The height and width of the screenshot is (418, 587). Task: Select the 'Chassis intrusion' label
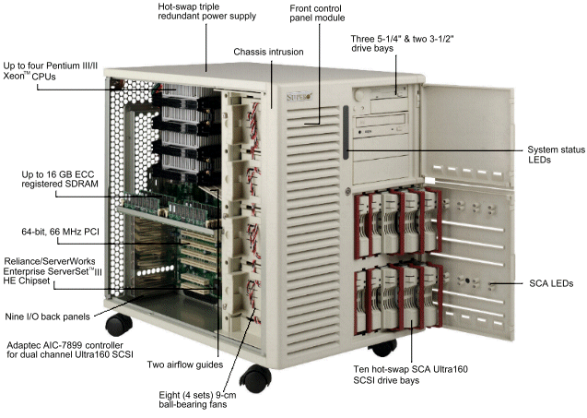[267, 53]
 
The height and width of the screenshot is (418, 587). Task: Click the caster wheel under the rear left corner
[118, 325]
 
